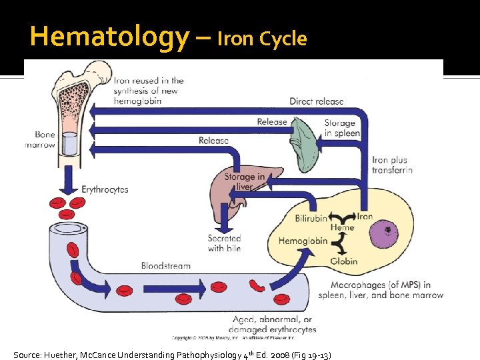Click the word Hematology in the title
110,37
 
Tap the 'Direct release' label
317,101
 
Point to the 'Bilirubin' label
311,218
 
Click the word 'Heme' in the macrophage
343,227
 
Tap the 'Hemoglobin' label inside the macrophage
303,240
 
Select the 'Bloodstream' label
165,265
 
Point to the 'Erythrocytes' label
105,189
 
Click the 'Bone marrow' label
40,140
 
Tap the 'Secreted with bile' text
224,243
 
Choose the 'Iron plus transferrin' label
392,165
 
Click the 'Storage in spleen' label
341,127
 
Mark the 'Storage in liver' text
245,181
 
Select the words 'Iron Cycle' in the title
262,39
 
